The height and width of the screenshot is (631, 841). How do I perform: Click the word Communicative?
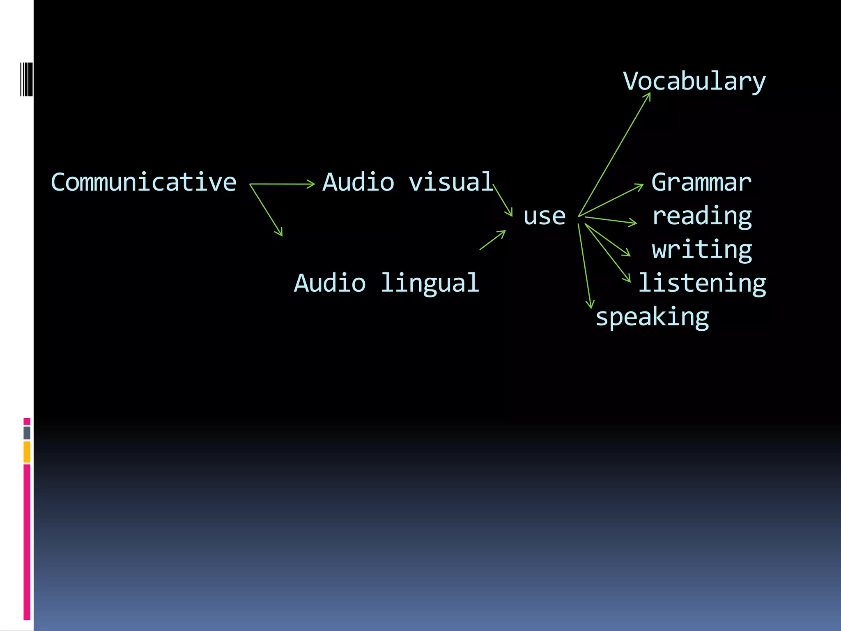(143, 182)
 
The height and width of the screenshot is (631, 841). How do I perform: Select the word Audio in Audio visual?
(358, 182)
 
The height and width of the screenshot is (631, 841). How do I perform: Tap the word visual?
(450, 182)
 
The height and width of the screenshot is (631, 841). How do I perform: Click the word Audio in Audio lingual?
(330, 283)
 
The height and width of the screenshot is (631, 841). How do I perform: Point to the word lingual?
(430, 283)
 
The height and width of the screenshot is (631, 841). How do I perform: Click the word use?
(544, 216)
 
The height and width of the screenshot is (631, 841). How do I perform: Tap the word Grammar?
(701, 182)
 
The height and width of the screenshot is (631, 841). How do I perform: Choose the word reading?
(702, 216)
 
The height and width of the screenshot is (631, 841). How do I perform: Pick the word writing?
(702, 250)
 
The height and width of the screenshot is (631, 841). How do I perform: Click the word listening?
(702, 283)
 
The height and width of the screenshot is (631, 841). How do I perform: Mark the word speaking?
(652, 318)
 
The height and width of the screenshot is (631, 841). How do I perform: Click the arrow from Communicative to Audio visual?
(282, 184)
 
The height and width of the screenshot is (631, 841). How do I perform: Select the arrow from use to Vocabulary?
(614, 155)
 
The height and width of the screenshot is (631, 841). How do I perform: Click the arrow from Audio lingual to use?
(492, 240)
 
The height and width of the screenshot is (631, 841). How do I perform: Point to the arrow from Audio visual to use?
(503, 200)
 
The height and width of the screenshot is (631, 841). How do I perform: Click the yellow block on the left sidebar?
(27, 452)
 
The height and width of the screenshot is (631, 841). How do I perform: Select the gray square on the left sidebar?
(27, 433)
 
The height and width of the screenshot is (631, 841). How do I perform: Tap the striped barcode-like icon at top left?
(26, 79)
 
